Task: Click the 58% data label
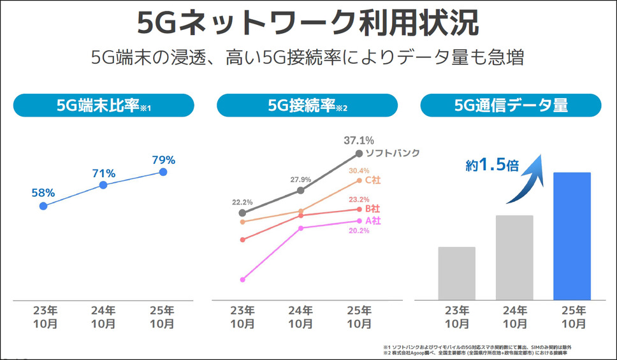pyautogui.click(x=43, y=192)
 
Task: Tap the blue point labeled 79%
pyautogui.click(x=163, y=172)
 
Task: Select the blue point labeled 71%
pyautogui.click(x=103, y=185)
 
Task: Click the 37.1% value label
pyautogui.click(x=359, y=140)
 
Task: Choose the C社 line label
pyautogui.click(x=373, y=181)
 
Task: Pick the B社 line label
pyautogui.click(x=373, y=209)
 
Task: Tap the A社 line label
pyautogui.click(x=373, y=221)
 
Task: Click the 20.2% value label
pyautogui.click(x=359, y=231)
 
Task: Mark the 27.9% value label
pyautogui.click(x=300, y=179)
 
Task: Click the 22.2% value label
pyautogui.click(x=242, y=201)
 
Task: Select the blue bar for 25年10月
pyautogui.click(x=572, y=236)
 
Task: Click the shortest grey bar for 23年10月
pyautogui.click(x=456, y=273)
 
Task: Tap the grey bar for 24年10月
pyautogui.click(x=514, y=257)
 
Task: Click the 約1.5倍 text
pyautogui.click(x=492, y=166)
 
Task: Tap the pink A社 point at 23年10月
pyautogui.click(x=242, y=279)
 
